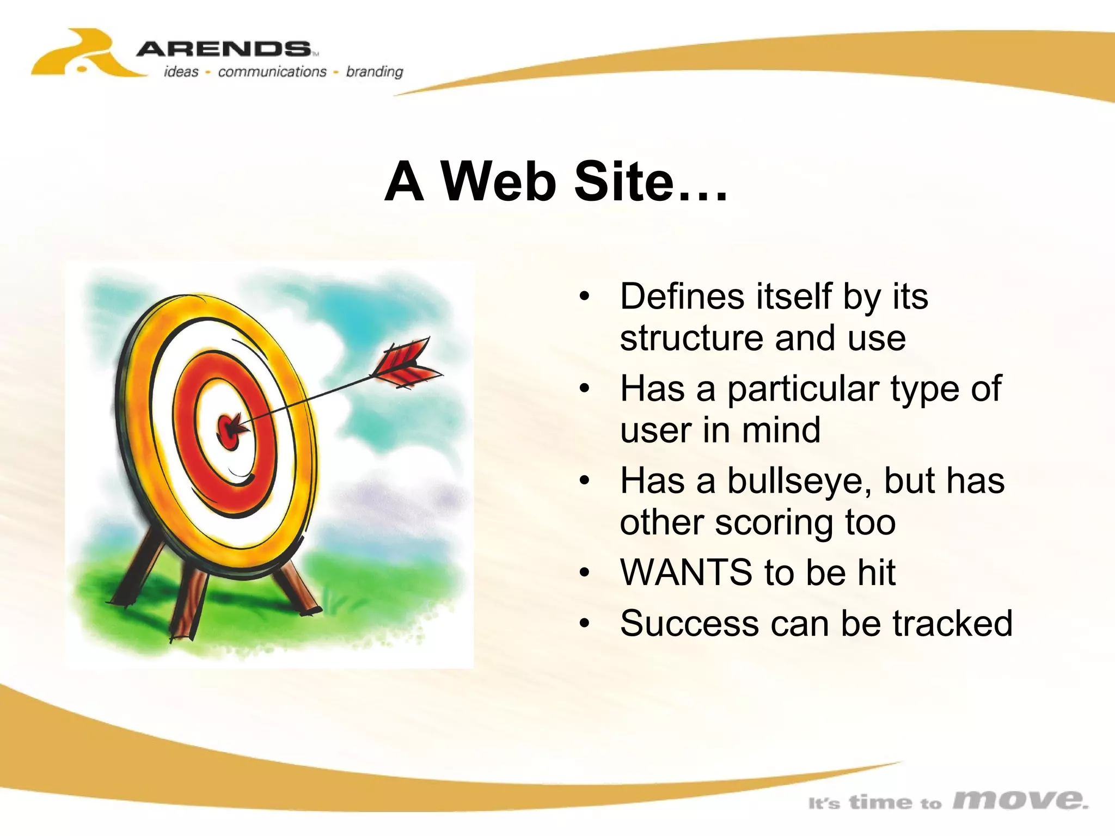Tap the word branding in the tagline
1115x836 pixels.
(375, 72)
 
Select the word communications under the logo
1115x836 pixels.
(272, 72)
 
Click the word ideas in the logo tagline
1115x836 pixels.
(181, 72)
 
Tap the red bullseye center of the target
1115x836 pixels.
(229, 430)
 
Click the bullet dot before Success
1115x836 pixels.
(585, 624)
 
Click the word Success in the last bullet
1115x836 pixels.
(689, 624)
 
